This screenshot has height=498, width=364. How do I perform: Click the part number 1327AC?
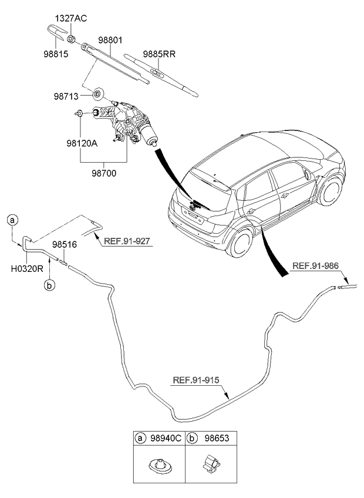71,18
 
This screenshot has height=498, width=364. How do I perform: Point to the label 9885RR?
159,53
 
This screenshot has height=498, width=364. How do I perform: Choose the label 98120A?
82,142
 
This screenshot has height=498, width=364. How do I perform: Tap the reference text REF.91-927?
128,241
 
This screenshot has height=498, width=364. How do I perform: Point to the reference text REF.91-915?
196,380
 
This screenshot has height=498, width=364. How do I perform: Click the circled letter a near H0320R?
12,220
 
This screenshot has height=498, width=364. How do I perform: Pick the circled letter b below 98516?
49,285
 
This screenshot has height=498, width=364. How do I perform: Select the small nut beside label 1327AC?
70,39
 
